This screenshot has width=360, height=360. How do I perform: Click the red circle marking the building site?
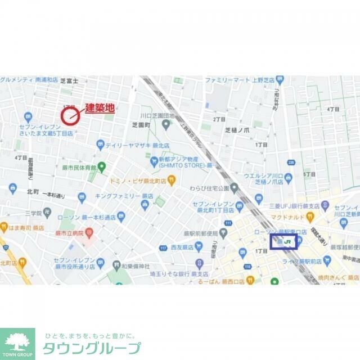click(70, 116)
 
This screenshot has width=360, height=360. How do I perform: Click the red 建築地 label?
click(100, 108)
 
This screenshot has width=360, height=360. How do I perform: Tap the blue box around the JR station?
click(283, 242)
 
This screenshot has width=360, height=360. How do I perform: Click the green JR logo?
click(288, 242)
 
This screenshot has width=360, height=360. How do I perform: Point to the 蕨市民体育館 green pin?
click(102, 166)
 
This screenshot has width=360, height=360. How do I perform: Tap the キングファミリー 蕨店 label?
click(120, 196)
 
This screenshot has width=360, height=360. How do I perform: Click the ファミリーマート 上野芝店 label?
click(235, 80)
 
